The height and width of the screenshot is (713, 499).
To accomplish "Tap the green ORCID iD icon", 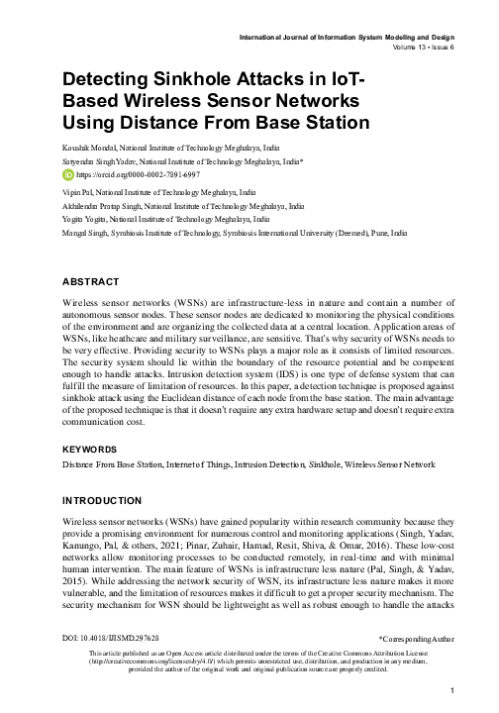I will coord(67,171).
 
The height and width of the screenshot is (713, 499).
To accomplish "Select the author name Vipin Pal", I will coord(76,185).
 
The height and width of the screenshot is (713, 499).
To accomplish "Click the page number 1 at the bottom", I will coord(450,690).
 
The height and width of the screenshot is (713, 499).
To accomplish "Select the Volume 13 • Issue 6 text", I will coord(417,47).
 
